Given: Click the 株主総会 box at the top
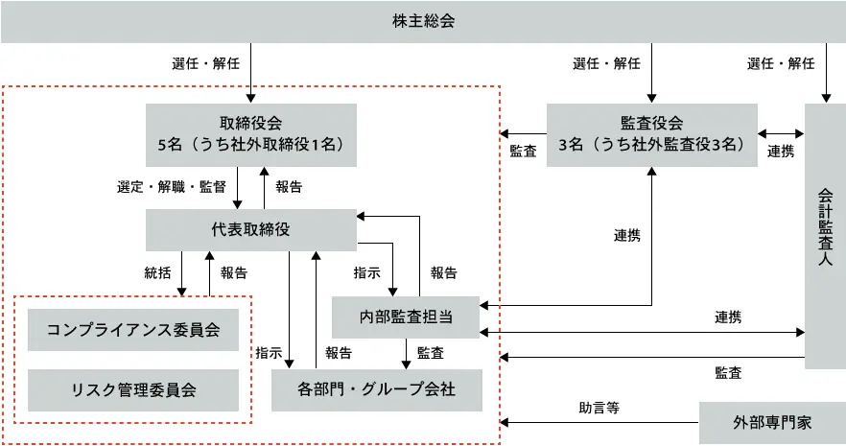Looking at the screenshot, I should click(x=423, y=21).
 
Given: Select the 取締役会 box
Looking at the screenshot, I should click(x=250, y=134).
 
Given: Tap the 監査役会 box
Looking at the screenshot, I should click(x=651, y=134).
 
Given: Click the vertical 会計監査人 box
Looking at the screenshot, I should click(x=825, y=235).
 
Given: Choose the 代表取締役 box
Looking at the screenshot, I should click(x=250, y=229).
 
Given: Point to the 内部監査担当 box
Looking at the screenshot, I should click(x=406, y=317).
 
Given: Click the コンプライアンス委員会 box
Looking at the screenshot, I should click(x=133, y=330).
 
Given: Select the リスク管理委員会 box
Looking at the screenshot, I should click(x=133, y=389).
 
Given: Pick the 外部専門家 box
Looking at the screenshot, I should click(x=772, y=422).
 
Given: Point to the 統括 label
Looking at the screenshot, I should click(x=157, y=272).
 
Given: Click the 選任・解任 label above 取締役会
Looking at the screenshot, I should click(x=205, y=64).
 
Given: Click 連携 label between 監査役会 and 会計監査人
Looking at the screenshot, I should click(x=781, y=151).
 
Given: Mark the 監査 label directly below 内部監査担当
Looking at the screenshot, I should click(x=430, y=352).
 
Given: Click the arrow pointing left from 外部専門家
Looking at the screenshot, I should click(x=599, y=422).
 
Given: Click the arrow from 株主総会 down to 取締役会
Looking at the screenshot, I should click(x=251, y=73).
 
